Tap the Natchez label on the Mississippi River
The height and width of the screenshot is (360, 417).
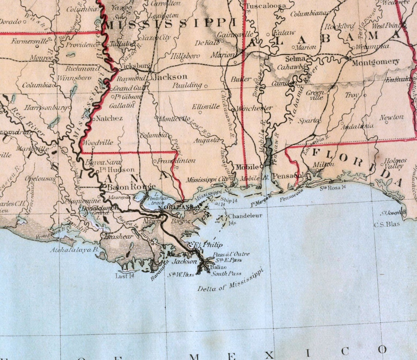point(109,119)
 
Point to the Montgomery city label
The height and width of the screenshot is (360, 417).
point(375,62)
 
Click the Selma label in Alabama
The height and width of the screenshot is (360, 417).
point(293,59)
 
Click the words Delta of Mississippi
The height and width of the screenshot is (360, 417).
point(230,282)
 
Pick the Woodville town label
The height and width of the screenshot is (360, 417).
point(98,142)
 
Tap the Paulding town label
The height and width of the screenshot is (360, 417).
point(187,85)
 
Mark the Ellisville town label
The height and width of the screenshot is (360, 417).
point(206,107)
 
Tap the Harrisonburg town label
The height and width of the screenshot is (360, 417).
point(46,108)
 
